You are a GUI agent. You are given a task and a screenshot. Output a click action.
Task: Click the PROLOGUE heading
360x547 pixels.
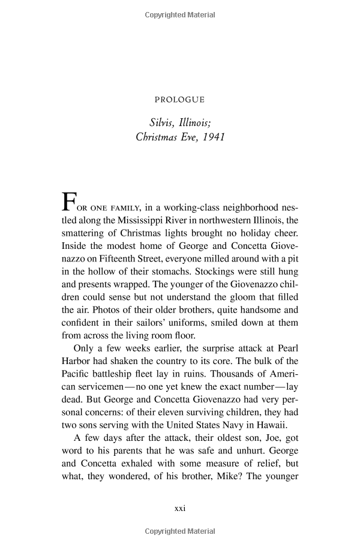(x=179, y=100)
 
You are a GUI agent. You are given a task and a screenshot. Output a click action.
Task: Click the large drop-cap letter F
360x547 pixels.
(x=69, y=202)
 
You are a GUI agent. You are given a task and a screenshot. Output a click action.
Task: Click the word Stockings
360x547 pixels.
(x=216, y=271)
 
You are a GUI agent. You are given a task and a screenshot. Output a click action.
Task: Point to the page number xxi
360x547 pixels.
(x=180, y=508)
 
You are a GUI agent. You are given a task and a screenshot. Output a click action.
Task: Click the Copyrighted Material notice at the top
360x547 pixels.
(x=180, y=15)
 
